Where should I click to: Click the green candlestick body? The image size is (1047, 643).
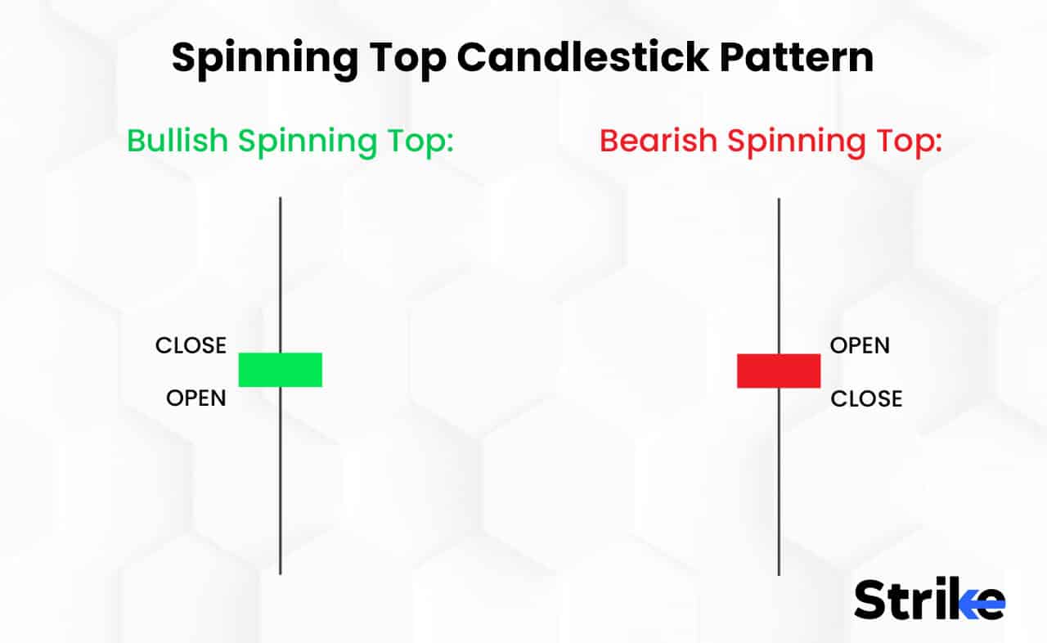pyautogui.click(x=280, y=370)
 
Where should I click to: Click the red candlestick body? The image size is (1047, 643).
pyautogui.click(x=778, y=371)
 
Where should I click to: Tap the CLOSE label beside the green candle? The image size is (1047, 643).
pyautogui.click(x=191, y=345)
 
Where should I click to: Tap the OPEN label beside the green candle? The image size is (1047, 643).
pyautogui.click(x=196, y=398)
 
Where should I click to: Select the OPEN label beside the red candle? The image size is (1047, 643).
pyautogui.click(x=860, y=345)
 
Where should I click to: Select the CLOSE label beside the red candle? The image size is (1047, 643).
pyautogui.click(x=866, y=398)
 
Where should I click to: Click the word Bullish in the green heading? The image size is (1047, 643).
pyautogui.click(x=177, y=141)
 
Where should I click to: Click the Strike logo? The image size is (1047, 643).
pyautogui.click(x=929, y=600)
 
